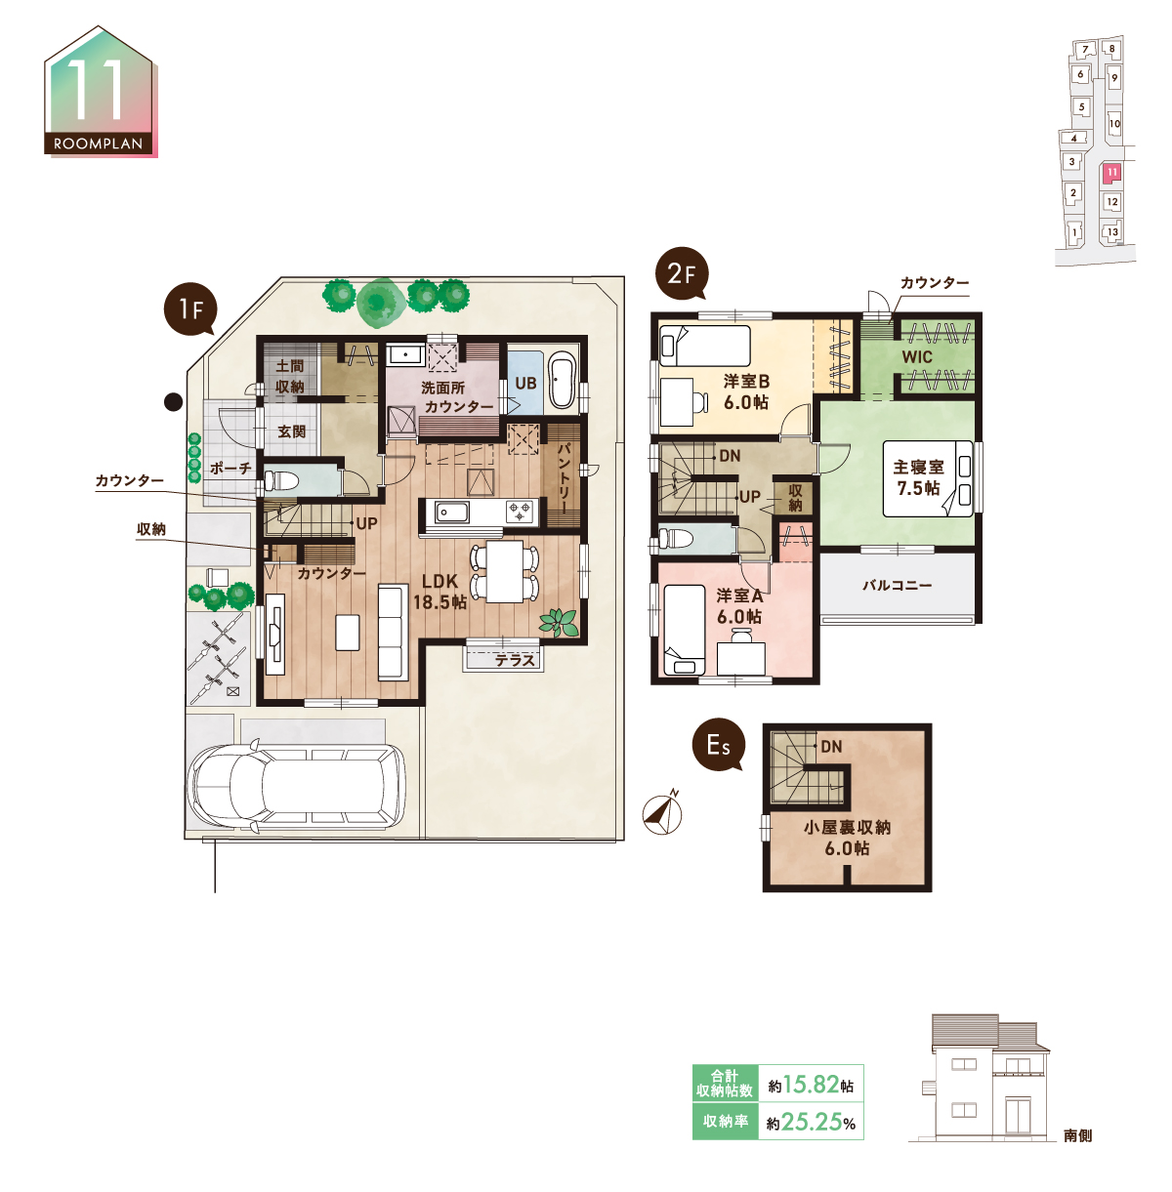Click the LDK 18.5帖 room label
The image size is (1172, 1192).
pos(439,591)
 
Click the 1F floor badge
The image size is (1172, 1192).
pos(190,309)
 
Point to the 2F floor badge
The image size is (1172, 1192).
pos(681,274)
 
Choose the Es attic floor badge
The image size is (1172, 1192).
pos(718,746)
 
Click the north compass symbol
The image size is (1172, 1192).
pos(662,812)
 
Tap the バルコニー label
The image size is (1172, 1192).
pos(898,585)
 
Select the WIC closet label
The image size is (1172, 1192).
pos(917,357)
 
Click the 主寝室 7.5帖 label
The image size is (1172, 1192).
pos(919,477)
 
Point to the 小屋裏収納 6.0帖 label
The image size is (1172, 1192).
pos(847,838)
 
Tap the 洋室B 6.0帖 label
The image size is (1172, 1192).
pos(746,391)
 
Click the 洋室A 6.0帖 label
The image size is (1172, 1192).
pos(739,606)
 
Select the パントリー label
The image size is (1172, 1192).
pos(564,477)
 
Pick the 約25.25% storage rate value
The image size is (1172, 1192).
pos(811,1121)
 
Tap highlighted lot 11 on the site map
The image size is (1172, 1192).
pos(1112,173)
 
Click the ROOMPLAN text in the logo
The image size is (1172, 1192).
pos(98,144)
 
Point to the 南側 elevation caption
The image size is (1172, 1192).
pos(1078,1135)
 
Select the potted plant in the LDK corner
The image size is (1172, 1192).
pos(559,622)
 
